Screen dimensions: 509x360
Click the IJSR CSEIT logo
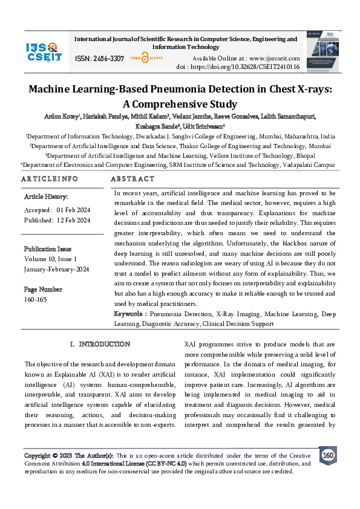pyautogui.click(x=44, y=51)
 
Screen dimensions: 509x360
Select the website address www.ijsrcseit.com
pyautogui.click(x=273, y=57)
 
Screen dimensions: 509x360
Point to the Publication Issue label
pyautogui.click(x=47, y=249)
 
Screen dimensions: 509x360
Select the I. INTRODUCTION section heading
pyautogui.click(x=100, y=344)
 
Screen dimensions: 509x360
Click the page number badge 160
pyautogui.click(x=327, y=455)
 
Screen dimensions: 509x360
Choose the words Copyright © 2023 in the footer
pyautogui.click(x=55, y=455)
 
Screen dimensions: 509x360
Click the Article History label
pyautogui.click(x=46, y=197)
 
